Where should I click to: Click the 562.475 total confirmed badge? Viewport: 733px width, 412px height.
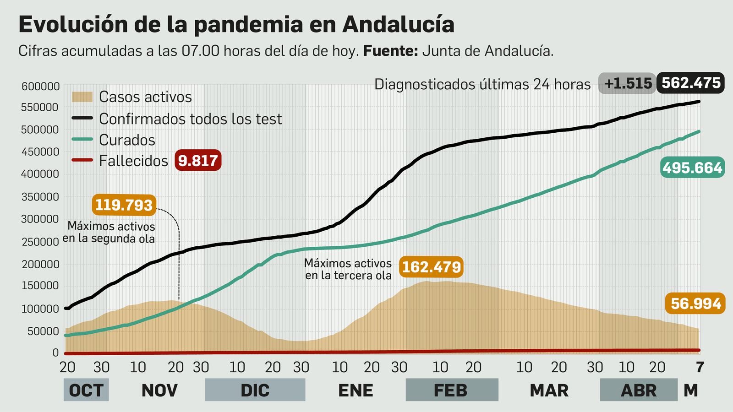coord(690,83)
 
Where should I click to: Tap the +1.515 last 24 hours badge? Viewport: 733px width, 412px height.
coord(627,83)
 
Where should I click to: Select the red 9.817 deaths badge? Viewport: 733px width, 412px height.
coord(198,161)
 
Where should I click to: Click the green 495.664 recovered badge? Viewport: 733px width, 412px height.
coord(692,168)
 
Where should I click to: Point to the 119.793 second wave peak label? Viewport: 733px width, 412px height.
coord(124,205)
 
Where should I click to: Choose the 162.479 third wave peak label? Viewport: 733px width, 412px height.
coord(431,266)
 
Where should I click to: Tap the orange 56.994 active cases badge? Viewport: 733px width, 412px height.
coord(695,304)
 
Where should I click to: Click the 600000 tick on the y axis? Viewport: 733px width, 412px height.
coord(40,86)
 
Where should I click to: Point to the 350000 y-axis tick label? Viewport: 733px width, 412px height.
coord(40,197)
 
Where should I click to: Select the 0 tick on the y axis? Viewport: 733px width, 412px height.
coord(55,352)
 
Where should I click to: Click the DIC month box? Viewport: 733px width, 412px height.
coord(255,390)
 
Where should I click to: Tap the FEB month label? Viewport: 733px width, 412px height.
coord(451,390)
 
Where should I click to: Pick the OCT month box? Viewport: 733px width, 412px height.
coord(86,390)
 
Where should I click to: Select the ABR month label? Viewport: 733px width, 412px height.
coord(638,390)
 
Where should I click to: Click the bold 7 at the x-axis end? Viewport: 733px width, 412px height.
coord(700,367)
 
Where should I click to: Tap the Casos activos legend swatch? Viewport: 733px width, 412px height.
coord(82,97)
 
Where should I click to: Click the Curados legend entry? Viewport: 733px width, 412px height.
coord(127,140)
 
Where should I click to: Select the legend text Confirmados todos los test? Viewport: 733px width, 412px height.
coord(190,119)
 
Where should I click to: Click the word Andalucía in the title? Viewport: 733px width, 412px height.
coord(398,24)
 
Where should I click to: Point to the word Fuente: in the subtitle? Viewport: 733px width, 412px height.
coord(390,51)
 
